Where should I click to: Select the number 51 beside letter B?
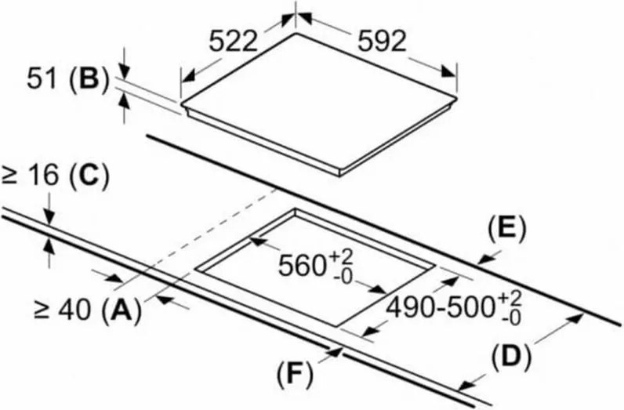[45, 79]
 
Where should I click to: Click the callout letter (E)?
[506, 228]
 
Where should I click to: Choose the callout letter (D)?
[510, 357]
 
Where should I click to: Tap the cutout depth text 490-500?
[443, 304]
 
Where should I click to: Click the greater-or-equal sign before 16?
[10, 176]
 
